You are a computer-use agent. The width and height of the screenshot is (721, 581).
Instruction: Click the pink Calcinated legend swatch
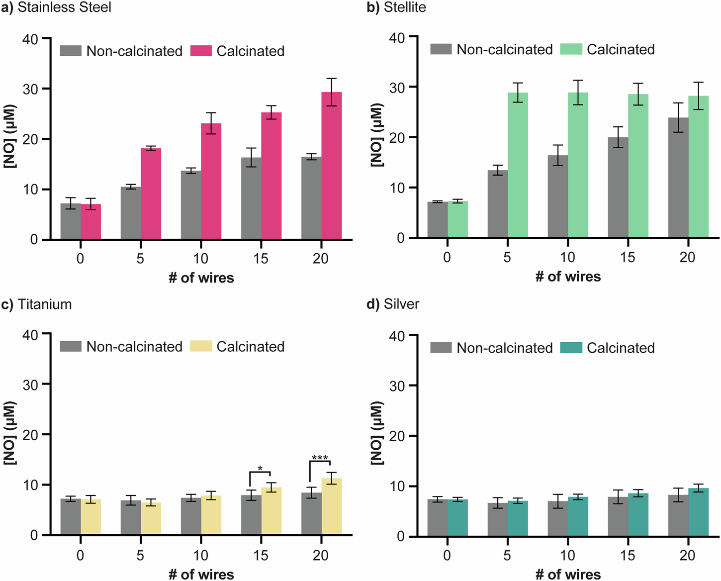[x=201, y=51]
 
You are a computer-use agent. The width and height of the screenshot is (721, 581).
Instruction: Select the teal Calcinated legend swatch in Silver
[x=571, y=348]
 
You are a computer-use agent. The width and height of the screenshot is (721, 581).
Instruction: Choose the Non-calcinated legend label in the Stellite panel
[x=504, y=50]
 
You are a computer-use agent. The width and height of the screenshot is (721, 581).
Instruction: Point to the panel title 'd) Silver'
[x=393, y=304]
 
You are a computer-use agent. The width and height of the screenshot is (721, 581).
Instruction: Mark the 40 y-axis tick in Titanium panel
[x=30, y=335]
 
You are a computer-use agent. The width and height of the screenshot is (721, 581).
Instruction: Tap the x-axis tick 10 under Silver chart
[x=567, y=555]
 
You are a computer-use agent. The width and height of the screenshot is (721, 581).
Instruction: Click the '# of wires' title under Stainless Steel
[x=201, y=278]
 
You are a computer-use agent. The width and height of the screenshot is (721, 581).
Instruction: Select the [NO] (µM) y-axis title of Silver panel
[x=377, y=434]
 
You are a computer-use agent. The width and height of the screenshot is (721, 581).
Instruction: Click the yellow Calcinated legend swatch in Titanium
[x=201, y=346]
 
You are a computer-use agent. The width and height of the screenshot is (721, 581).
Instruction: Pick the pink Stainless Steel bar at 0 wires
[x=90, y=222]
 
